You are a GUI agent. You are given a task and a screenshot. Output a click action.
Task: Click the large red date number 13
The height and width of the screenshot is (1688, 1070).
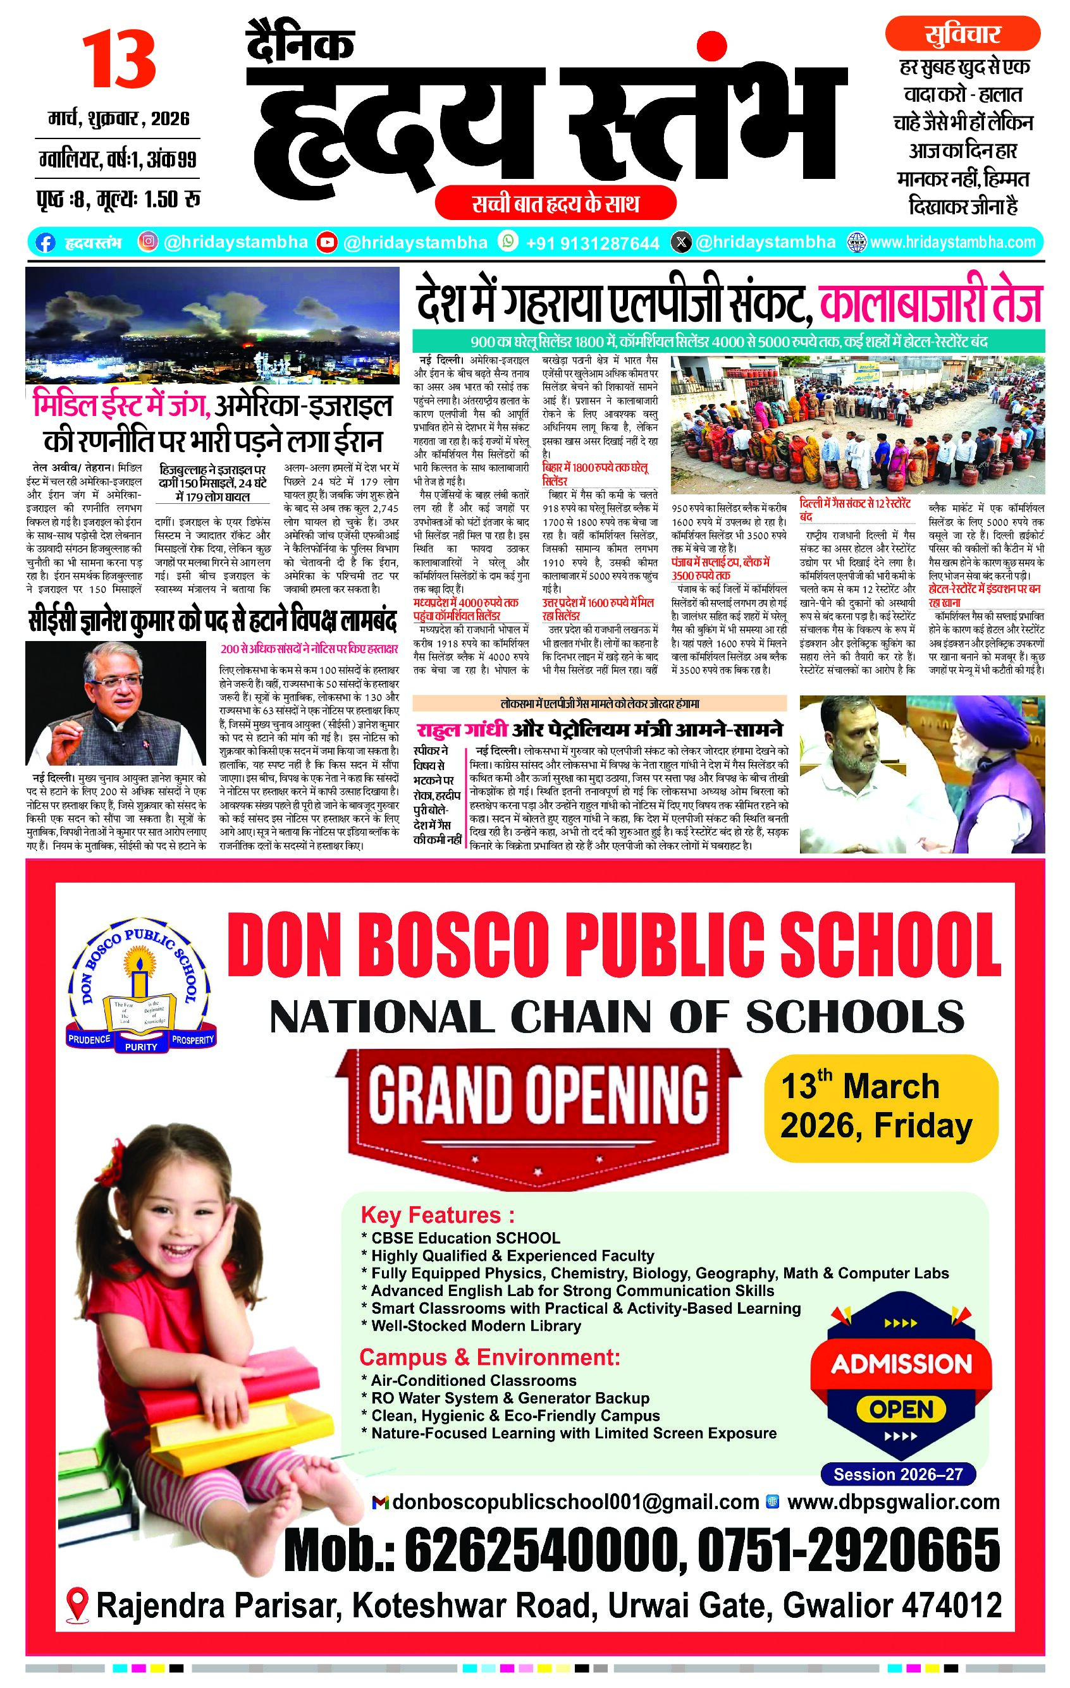118,63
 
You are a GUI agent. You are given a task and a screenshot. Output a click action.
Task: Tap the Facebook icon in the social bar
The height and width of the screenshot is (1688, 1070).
45,243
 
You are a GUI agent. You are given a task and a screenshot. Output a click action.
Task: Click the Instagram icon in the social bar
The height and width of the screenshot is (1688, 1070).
147,242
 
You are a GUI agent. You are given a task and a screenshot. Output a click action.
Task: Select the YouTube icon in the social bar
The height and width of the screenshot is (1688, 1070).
326,242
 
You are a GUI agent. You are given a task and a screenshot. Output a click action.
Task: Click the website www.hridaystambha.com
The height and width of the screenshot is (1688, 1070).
952,243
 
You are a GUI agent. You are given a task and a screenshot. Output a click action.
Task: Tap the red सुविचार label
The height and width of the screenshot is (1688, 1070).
962,34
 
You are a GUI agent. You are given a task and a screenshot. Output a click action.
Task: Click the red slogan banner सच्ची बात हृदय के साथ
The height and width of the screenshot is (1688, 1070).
555,204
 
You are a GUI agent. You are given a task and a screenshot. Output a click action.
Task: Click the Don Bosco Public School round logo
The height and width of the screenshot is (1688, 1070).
141,989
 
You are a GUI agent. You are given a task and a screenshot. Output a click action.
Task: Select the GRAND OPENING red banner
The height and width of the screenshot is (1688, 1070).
539,1094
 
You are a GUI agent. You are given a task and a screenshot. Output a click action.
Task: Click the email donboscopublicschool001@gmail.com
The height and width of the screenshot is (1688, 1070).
575,1501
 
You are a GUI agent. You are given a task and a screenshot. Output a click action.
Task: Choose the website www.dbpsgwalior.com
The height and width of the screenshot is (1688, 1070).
894,1501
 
